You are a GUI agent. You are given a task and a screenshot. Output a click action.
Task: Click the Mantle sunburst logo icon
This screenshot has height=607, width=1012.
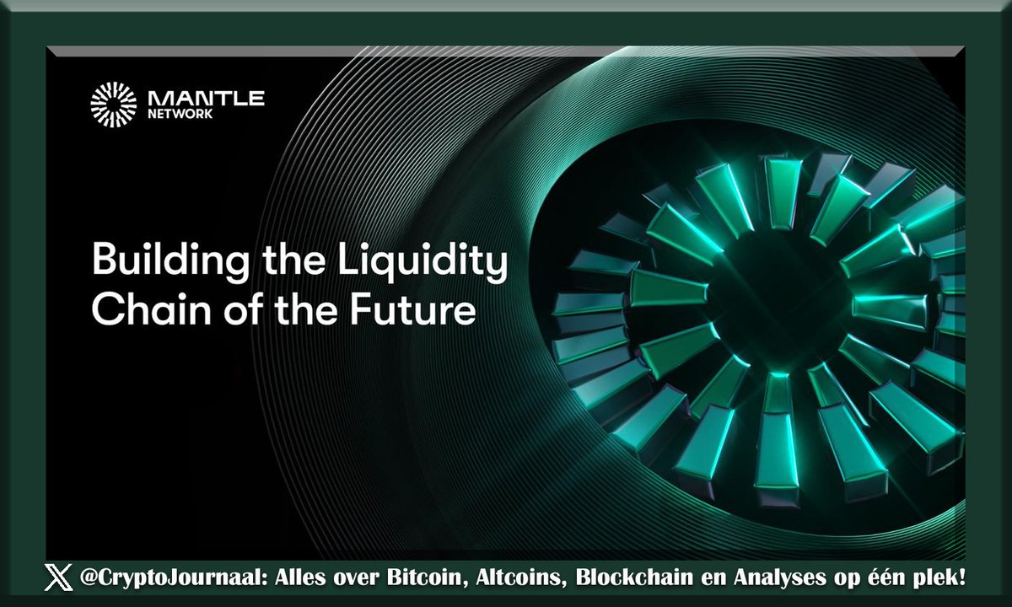tap(113, 105)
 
